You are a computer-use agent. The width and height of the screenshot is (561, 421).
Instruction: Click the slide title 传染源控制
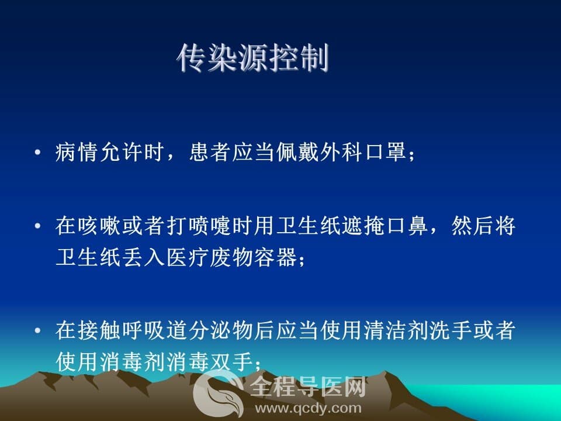253,58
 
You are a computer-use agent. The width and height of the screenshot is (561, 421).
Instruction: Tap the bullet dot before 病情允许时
37,153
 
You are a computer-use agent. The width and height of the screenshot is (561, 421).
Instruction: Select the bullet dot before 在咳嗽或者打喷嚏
37,226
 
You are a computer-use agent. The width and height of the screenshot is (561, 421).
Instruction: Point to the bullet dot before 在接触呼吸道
37,330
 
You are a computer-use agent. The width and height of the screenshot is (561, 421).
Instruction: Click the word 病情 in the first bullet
77,152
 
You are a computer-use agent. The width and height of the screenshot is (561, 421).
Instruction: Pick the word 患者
210,152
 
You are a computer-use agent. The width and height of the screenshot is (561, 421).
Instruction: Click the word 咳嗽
99,226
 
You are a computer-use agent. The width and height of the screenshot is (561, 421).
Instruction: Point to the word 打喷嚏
199,226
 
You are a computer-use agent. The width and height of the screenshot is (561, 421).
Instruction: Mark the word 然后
473,226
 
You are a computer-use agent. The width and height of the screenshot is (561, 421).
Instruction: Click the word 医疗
188,257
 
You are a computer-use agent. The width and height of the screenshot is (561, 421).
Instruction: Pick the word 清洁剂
396,330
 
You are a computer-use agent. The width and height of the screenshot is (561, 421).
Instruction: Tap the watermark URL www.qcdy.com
309,408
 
